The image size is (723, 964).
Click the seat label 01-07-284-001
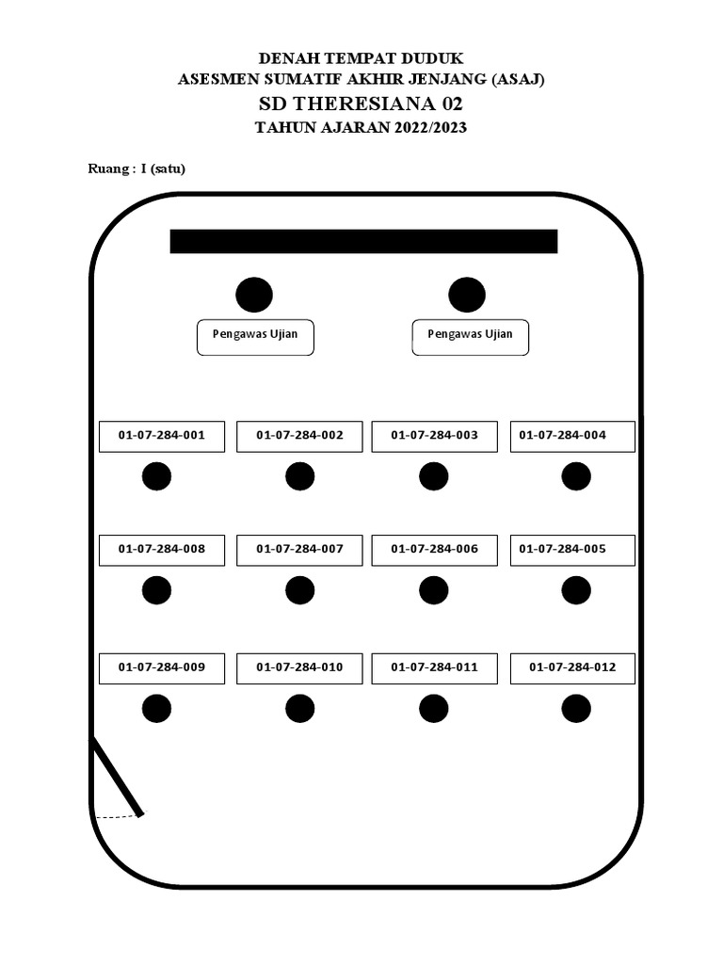(162, 436)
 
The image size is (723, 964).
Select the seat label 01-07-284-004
(572, 436)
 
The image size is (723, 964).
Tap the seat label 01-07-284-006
(434, 550)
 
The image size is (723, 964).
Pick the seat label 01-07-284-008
(162, 550)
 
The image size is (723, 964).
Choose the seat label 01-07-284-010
(299, 667)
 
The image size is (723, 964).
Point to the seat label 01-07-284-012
(572, 667)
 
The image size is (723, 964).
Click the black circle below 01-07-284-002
(299, 476)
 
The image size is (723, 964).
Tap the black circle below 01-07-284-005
(575, 590)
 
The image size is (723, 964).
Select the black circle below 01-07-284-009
(156, 708)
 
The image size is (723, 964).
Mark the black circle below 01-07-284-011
(433, 708)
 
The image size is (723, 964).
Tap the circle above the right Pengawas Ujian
(467, 295)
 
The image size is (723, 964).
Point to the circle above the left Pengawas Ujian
(254, 295)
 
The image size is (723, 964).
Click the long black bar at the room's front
(363, 241)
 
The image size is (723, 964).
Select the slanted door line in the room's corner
(118, 777)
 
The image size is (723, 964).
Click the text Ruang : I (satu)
(137, 169)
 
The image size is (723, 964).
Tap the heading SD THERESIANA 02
(361, 104)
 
